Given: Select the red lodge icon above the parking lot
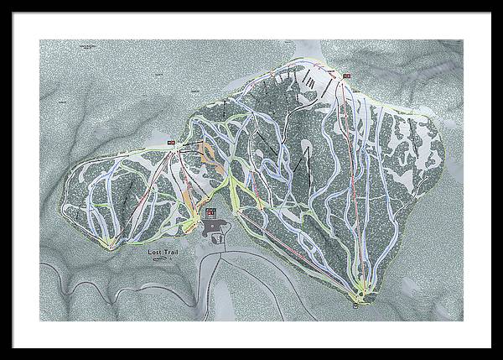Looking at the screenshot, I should (211, 211).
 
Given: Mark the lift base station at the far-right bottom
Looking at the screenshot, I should (362, 291).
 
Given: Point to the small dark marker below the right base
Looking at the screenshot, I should (356, 305).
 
